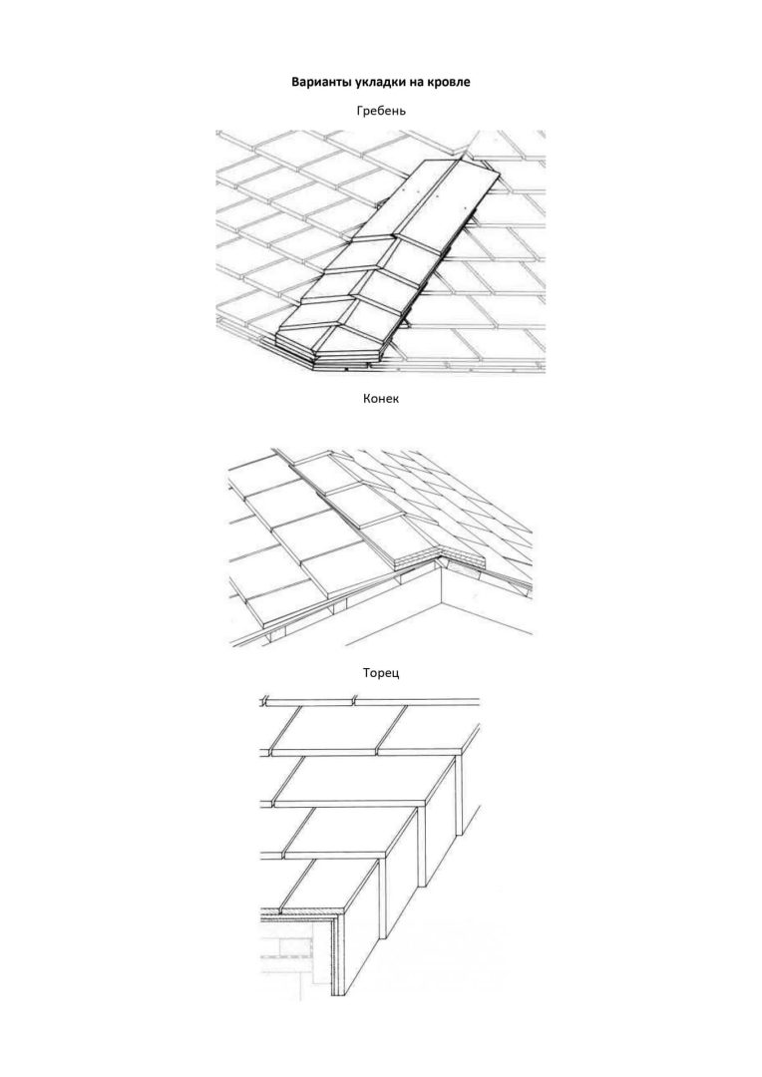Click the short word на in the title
pyautogui.click(x=413, y=82)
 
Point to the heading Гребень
pyautogui.click(x=381, y=111)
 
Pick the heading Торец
pyautogui.click(x=381, y=673)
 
